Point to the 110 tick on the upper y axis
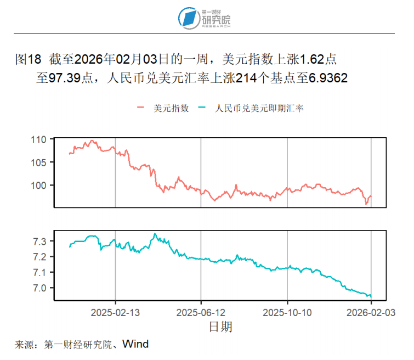(x=39, y=139)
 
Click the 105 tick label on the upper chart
(x=39, y=162)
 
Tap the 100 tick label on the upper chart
(x=39, y=185)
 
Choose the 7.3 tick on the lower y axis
(x=42, y=241)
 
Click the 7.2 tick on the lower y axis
(x=42, y=257)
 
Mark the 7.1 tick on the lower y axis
(x=42, y=273)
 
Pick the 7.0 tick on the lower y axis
(x=42, y=288)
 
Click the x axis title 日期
(x=220, y=327)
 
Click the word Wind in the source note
(x=135, y=344)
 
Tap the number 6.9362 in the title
(x=328, y=78)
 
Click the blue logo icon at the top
(x=189, y=18)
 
